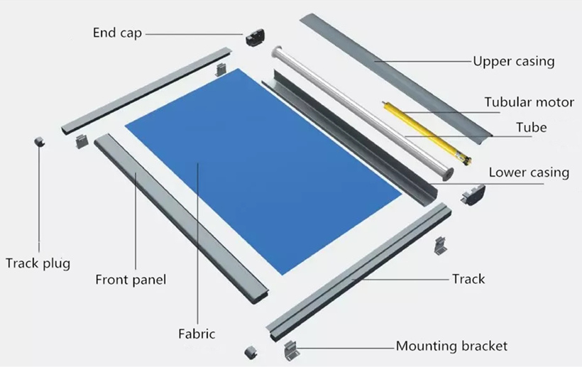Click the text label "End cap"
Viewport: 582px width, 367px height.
(x=117, y=33)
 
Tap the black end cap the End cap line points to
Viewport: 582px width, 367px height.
(x=255, y=37)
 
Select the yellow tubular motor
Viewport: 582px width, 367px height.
(x=427, y=133)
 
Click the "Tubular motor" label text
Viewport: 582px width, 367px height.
(x=529, y=102)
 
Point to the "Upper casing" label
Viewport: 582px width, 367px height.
(x=514, y=62)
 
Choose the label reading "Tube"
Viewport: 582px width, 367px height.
(x=532, y=128)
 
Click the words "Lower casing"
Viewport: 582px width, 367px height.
(x=529, y=172)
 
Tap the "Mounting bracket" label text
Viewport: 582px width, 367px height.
(x=451, y=346)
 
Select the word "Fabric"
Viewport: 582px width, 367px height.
(x=197, y=334)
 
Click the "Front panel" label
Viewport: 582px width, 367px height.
(x=131, y=280)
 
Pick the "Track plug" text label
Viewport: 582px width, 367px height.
(x=38, y=263)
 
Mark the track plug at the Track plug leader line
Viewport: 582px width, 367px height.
(x=39, y=142)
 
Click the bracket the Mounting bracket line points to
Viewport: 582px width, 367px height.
(x=292, y=350)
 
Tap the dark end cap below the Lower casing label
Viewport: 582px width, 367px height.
(x=473, y=195)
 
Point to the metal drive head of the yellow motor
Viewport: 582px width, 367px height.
(x=466, y=159)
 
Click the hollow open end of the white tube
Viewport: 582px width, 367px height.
(x=449, y=173)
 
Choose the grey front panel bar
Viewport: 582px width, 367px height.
(x=181, y=218)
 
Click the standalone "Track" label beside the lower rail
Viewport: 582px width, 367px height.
(x=468, y=279)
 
